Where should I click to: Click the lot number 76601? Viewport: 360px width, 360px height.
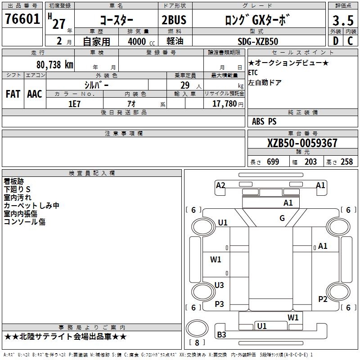pyautogui.click(x=22, y=20)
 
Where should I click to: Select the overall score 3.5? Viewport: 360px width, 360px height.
pyautogui.click(x=343, y=21)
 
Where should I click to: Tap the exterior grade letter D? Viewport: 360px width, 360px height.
pyautogui.click(x=335, y=40)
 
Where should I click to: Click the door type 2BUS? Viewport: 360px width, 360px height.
pyautogui.click(x=174, y=21)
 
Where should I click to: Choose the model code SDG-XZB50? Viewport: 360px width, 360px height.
pyautogui.click(x=258, y=41)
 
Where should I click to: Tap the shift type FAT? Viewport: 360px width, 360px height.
pyautogui.click(x=13, y=94)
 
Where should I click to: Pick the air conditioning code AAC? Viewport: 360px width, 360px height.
pyautogui.click(x=35, y=94)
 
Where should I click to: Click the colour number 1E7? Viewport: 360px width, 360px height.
pyautogui.click(x=74, y=103)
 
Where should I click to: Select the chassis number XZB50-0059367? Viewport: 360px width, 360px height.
pyautogui.click(x=302, y=143)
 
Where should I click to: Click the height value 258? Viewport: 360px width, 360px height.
pyautogui.click(x=346, y=162)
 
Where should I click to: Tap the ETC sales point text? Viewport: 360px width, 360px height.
pyautogui.click(x=253, y=72)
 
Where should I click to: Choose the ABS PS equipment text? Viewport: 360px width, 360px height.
pyautogui.click(x=264, y=121)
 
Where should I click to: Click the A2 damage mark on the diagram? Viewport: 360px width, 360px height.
pyautogui.click(x=220, y=185)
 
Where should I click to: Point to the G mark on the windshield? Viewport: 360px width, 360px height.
pyautogui.click(x=282, y=218)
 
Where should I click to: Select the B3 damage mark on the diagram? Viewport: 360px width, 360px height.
pyautogui.click(x=222, y=334)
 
